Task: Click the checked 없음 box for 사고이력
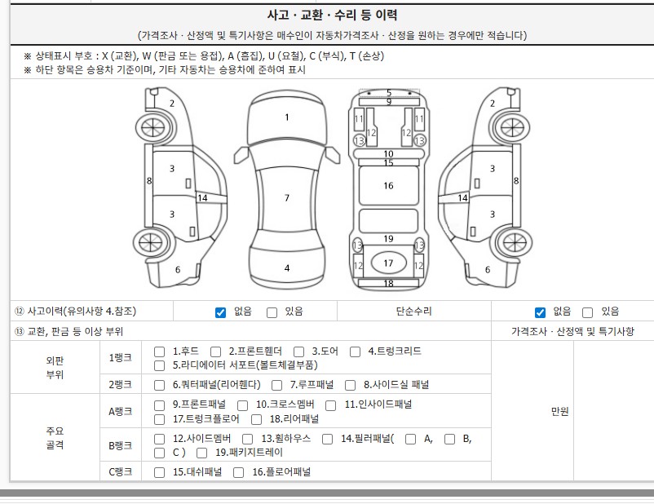(x=221, y=312)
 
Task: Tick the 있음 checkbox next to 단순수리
(x=587, y=312)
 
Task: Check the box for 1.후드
(x=159, y=351)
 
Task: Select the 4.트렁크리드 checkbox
(x=355, y=351)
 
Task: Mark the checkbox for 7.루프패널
(x=276, y=385)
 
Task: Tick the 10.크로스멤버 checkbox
(x=242, y=405)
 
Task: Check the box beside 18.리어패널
(x=257, y=419)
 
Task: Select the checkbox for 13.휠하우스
(x=247, y=439)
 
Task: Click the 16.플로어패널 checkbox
(x=239, y=472)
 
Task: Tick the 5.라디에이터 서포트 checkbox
(x=159, y=365)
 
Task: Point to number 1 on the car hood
(x=287, y=117)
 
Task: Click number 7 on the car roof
(x=287, y=197)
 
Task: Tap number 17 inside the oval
(x=388, y=263)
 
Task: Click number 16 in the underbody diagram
(x=388, y=186)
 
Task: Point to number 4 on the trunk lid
(x=287, y=267)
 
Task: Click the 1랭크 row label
(x=120, y=358)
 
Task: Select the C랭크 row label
(x=120, y=472)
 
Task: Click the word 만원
(x=559, y=411)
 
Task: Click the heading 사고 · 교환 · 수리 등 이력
(x=332, y=15)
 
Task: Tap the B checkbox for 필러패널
(x=449, y=439)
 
